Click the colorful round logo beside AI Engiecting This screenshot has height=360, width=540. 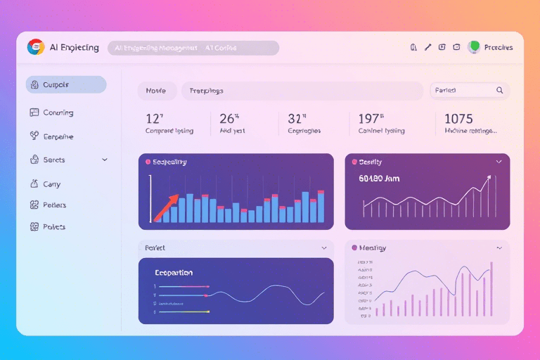pyautogui.click(x=36, y=47)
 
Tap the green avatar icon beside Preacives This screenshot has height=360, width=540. pyautogui.click(x=474, y=47)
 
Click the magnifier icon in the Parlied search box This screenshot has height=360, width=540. pyautogui.click(x=499, y=90)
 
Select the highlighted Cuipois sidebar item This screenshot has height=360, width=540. pyautogui.click(x=65, y=85)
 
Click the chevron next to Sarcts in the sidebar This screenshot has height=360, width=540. pyautogui.click(x=105, y=160)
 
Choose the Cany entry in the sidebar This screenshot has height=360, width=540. pyautogui.click(x=51, y=184)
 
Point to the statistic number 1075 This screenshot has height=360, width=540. pyautogui.click(x=458, y=119)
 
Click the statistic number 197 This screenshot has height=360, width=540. pyautogui.click(x=370, y=119)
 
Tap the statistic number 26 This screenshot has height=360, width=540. pyautogui.click(x=229, y=119)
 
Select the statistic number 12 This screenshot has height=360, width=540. pyautogui.click(x=154, y=119)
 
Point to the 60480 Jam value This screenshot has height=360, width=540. pyautogui.click(x=379, y=179)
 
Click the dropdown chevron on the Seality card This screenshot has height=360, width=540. pyautogui.click(x=499, y=162)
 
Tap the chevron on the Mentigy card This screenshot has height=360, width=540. pyautogui.click(x=499, y=247)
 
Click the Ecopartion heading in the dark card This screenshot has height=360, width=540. pyautogui.click(x=174, y=272)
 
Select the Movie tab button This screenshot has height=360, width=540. pyautogui.click(x=156, y=91)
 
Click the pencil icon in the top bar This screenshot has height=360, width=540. pyautogui.click(x=427, y=48)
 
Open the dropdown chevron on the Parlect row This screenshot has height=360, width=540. pyautogui.click(x=324, y=247)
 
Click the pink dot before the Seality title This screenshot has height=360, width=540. pyautogui.click(x=354, y=162)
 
